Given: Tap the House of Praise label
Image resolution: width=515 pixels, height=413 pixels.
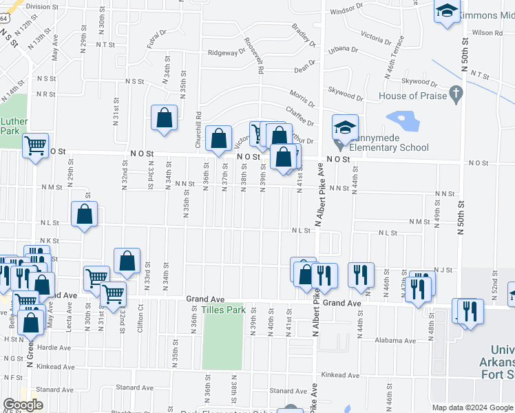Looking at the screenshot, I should click(412, 96).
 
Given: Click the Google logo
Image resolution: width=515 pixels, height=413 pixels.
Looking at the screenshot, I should click(23, 405).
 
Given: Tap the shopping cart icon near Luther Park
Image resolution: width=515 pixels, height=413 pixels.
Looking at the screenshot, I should click(34, 146).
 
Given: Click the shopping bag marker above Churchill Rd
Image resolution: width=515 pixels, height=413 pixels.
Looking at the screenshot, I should click(165, 118).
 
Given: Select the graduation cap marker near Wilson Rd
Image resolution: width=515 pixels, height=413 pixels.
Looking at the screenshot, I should click(447, 12).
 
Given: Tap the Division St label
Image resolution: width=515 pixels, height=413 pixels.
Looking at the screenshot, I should click(43, 6).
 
